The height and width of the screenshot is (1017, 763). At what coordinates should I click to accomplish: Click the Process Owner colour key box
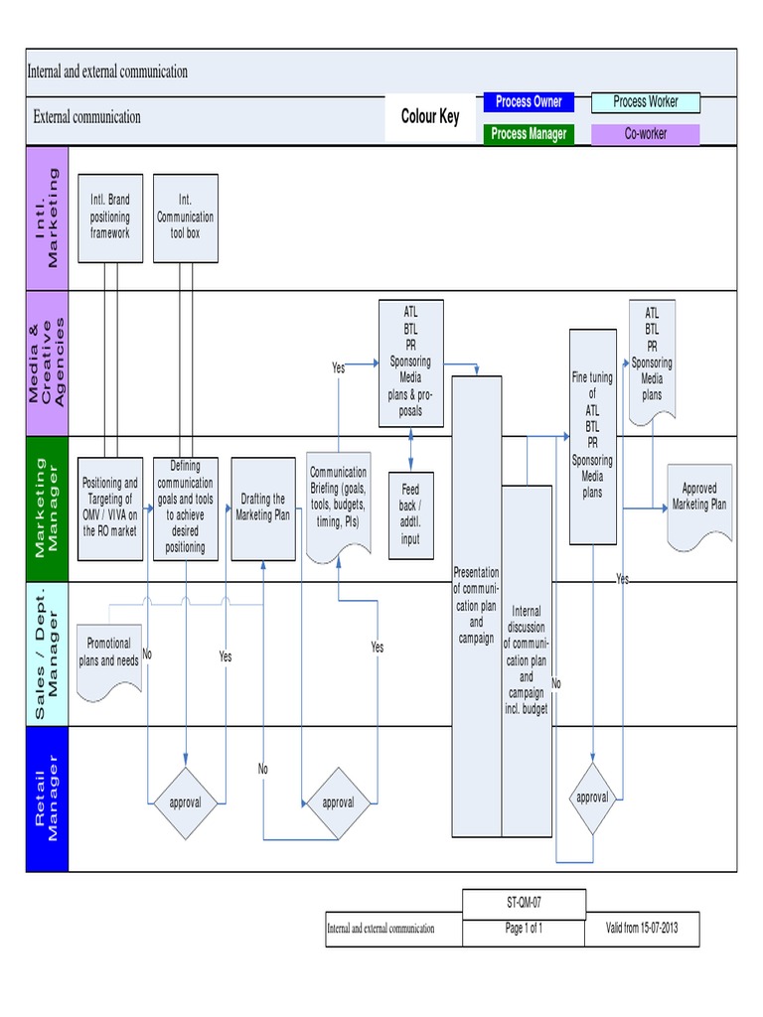tap(529, 102)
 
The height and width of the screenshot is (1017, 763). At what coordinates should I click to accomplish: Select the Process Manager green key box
tap(529, 134)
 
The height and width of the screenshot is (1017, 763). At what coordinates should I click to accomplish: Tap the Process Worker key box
tap(645, 102)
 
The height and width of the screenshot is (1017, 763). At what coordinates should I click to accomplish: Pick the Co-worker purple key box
tap(645, 134)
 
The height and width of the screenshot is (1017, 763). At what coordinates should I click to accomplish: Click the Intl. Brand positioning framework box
tap(109, 218)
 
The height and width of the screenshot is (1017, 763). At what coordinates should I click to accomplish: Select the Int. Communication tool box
tap(186, 218)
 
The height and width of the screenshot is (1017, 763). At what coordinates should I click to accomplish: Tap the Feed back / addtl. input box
tap(410, 514)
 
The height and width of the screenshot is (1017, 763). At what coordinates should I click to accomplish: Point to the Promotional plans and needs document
tap(109, 652)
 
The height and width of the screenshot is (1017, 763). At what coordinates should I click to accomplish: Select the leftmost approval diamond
tap(185, 801)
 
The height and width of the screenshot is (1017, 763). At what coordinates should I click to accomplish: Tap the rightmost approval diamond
tap(592, 798)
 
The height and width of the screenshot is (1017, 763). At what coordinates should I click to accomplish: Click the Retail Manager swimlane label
tap(47, 799)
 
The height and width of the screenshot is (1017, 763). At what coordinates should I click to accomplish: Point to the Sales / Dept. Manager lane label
tap(47, 653)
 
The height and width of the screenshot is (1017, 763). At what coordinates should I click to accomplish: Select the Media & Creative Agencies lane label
tap(47, 363)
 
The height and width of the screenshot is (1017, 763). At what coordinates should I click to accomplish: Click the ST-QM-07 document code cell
tap(524, 903)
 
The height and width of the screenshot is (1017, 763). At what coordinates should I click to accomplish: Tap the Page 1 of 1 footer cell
tap(524, 930)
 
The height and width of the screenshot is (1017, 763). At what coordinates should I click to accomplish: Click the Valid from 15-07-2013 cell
tap(643, 930)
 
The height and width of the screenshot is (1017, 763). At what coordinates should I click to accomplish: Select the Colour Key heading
tap(430, 117)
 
